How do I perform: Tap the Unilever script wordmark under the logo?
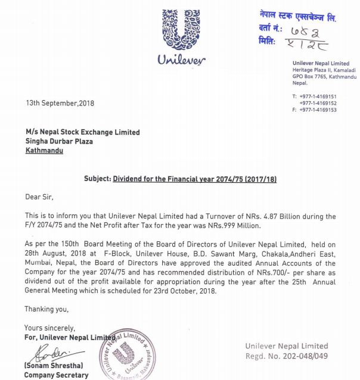click(181, 60)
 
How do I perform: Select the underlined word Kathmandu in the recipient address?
click(44, 151)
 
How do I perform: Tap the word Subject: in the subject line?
click(97, 179)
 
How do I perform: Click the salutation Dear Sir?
click(43, 197)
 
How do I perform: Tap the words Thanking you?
click(46, 309)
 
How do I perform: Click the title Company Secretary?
click(56, 375)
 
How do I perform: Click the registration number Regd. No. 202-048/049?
click(287, 356)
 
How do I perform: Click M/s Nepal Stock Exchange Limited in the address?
click(82, 132)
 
